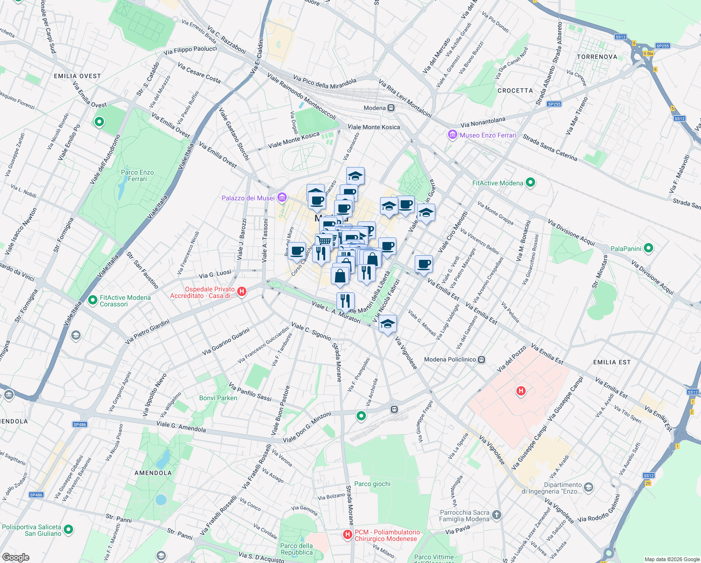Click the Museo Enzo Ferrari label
(487, 135)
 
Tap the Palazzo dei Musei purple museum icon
(282, 198)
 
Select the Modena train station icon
(391, 108)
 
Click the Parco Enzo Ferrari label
(137, 175)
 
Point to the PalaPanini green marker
(649, 248)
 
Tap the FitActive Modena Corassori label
(125, 301)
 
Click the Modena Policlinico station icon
(482, 360)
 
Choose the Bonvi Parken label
(218, 398)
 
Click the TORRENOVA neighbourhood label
(597, 57)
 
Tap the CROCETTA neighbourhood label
(515, 91)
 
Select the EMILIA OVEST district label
(77, 76)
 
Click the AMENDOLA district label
(153, 473)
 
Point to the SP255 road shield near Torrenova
(663, 46)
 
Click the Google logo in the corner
(15, 557)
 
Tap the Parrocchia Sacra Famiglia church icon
(497, 515)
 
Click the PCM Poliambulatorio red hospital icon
(348, 534)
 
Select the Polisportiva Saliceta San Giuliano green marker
(68, 530)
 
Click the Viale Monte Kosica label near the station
(374, 127)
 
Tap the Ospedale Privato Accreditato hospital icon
(242, 292)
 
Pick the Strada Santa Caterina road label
(550, 148)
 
